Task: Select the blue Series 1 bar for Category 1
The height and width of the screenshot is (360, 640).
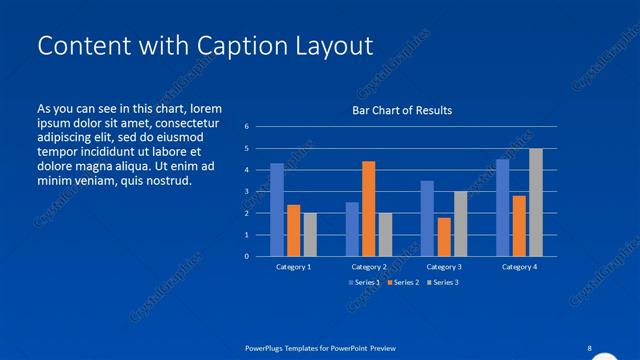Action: point(277,209)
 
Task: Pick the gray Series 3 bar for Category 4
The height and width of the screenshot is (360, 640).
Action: point(536,202)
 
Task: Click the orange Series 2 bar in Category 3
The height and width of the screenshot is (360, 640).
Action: point(443,236)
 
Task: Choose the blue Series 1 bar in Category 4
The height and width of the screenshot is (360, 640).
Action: point(502,207)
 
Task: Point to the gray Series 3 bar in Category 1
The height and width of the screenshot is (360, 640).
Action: point(310,234)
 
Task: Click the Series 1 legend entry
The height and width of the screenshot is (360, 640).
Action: point(363,283)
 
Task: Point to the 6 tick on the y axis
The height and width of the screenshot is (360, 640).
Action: point(247,127)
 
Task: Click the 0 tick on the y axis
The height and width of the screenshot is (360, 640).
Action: point(247,256)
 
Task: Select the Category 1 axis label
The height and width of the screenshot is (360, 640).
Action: point(294,267)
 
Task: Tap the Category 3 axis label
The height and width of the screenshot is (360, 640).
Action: point(443,267)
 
